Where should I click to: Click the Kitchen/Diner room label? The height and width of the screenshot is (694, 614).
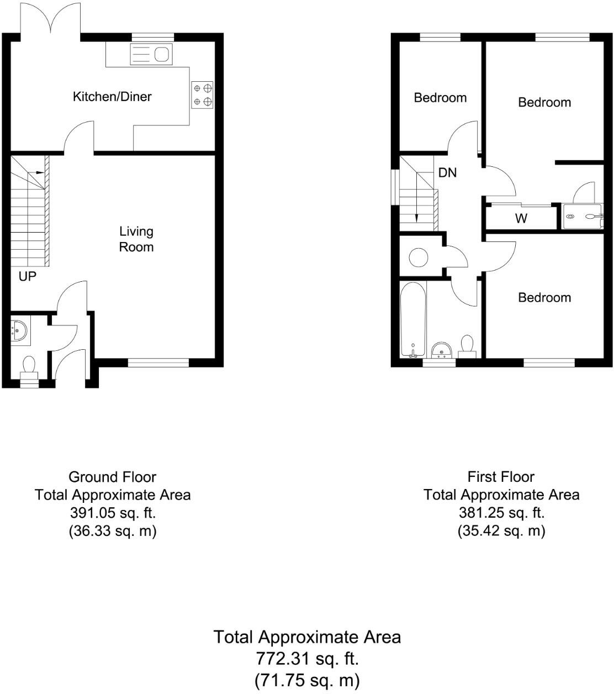112,97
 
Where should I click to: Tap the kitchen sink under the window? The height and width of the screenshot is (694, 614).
151,55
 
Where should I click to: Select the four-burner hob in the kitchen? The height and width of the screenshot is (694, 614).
202,94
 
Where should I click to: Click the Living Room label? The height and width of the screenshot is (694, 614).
136,239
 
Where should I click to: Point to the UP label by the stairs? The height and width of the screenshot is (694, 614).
27,276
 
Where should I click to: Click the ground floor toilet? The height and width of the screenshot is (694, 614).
29,369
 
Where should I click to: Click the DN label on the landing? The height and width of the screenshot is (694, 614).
447,172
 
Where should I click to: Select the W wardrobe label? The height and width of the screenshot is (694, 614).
521,218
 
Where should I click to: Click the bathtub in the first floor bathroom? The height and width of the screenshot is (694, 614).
412,319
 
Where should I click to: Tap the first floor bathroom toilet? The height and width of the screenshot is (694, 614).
467,346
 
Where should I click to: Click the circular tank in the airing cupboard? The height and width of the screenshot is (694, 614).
418,257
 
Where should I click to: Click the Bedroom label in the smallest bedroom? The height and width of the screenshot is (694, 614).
440,98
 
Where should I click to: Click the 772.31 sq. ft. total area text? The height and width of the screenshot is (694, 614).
307,659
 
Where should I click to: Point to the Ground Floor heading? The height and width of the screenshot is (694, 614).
112,477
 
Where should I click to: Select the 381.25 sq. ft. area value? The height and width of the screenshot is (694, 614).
501,513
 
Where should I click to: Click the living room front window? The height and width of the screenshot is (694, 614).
158,363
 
